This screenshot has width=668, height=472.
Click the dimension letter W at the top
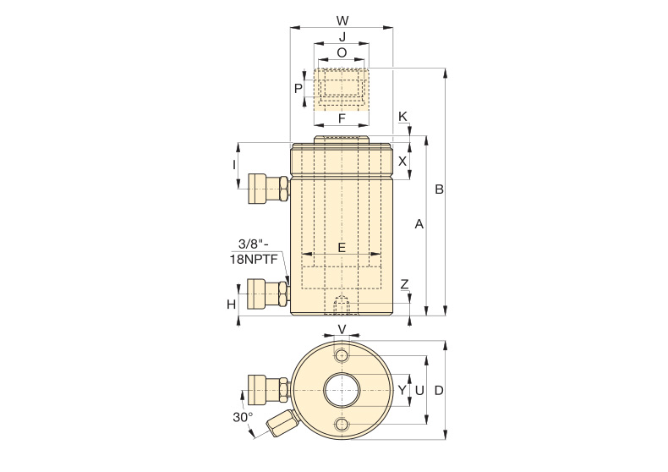click(x=342, y=20)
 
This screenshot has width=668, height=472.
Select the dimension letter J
click(x=342, y=36)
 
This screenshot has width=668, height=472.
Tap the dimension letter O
click(x=342, y=52)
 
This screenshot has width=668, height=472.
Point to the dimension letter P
click(x=298, y=88)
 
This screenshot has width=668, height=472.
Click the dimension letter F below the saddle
click(x=342, y=118)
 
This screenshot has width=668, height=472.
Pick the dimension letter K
click(x=402, y=116)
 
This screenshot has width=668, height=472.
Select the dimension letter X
click(x=402, y=161)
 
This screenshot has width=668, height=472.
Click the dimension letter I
click(x=234, y=164)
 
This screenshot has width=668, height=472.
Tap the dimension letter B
click(x=439, y=189)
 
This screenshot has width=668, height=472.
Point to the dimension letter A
click(x=419, y=223)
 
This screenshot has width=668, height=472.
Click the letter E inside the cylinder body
click(x=342, y=247)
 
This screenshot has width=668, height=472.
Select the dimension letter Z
click(x=405, y=284)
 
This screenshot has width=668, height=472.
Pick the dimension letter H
click(x=232, y=305)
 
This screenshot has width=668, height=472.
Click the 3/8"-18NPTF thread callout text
click(x=255, y=251)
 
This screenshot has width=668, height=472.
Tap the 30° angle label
click(x=243, y=417)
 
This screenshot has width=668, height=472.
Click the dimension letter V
click(x=342, y=329)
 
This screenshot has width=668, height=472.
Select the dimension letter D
click(x=439, y=390)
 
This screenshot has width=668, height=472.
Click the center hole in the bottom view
click(x=342, y=390)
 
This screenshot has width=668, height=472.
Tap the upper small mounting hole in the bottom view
click(x=342, y=355)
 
